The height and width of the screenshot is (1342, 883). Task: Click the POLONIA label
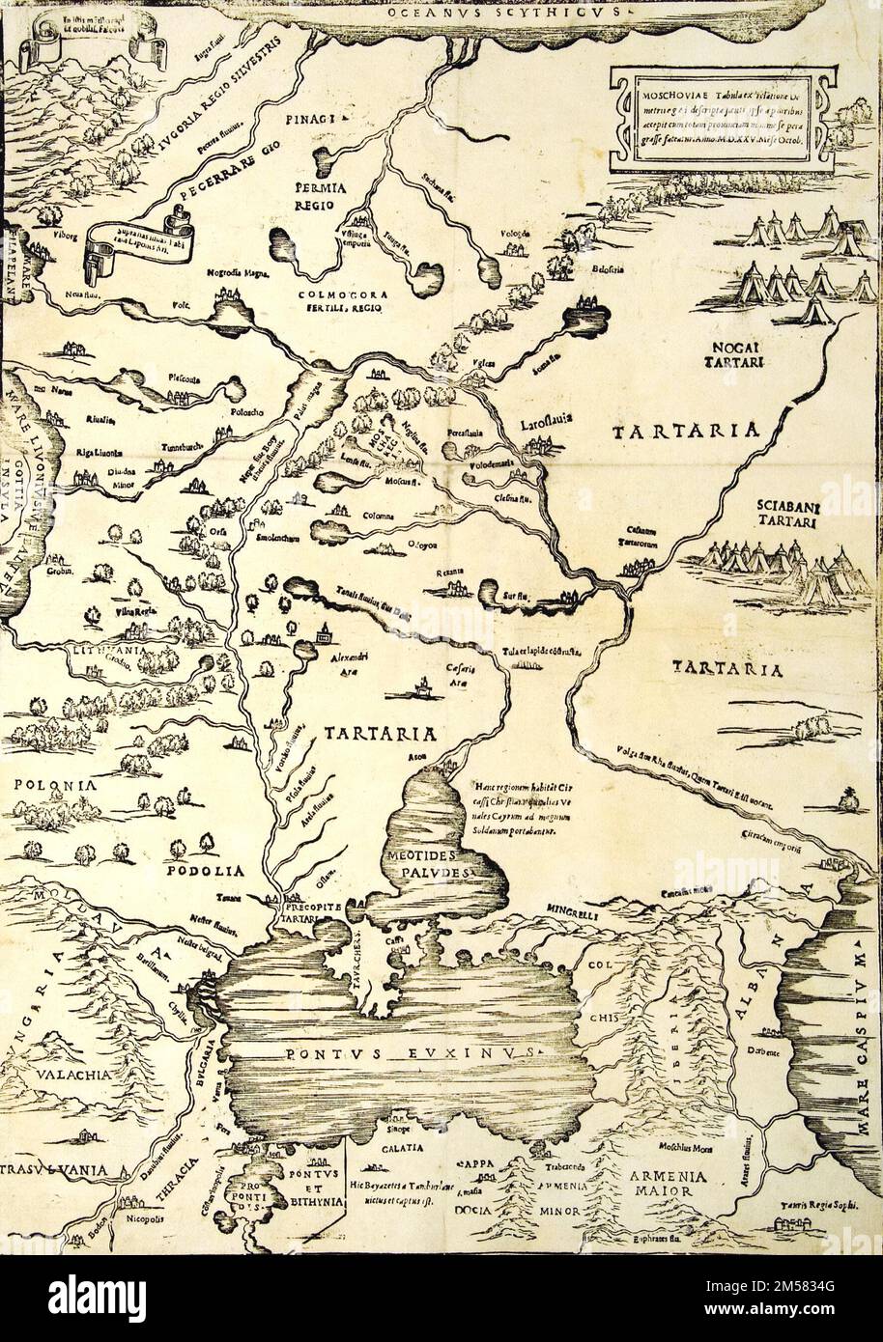pos(54,785)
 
